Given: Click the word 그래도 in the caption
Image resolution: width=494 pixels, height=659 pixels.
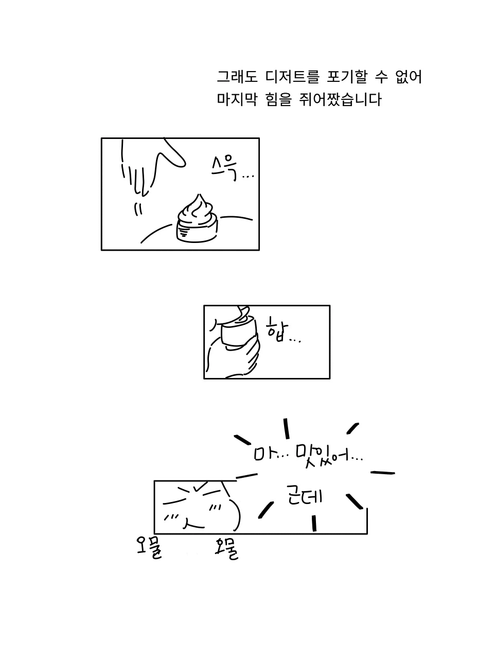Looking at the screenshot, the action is point(237,77).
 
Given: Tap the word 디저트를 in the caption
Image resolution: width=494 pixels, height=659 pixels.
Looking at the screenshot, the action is point(292,77).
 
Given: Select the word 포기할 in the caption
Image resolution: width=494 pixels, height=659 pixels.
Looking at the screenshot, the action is point(347,77).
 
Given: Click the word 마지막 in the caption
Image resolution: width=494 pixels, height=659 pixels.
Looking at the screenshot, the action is point(237,99).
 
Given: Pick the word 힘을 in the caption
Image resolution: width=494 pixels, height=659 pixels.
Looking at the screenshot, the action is point(278,99).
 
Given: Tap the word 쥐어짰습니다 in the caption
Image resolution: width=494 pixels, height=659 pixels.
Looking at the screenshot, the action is point(340,99).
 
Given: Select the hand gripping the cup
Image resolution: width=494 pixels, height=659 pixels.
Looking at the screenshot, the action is point(234,354).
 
